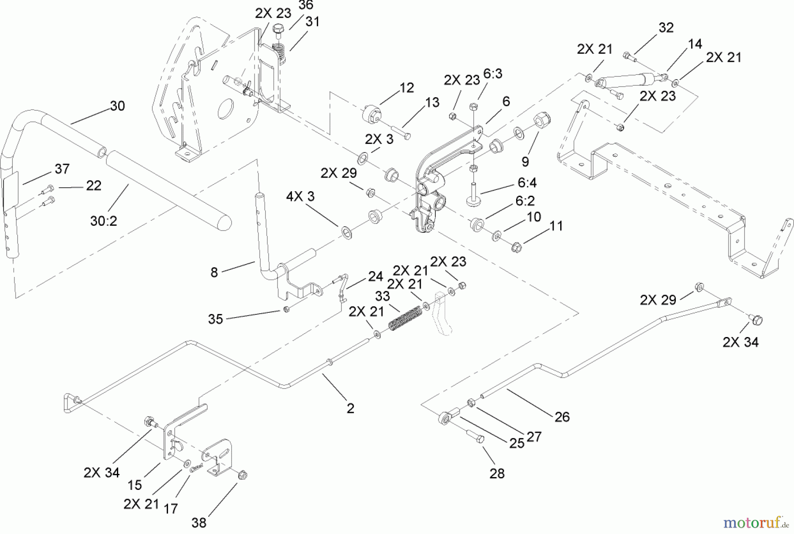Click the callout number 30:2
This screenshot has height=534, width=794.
pyautogui.click(x=104, y=221)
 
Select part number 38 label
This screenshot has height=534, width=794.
pyautogui.click(x=199, y=523)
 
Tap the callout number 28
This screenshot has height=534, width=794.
pyautogui.click(x=497, y=473)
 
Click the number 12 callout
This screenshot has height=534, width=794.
pyautogui.click(x=407, y=87)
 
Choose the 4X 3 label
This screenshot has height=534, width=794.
pyautogui.click(x=300, y=197)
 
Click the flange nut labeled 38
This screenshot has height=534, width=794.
pyautogui.click(x=242, y=475)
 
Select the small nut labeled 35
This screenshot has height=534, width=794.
pyautogui.click(x=286, y=309)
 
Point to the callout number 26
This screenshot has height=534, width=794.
pyautogui.click(x=562, y=417)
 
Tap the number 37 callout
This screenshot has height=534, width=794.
pyautogui.click(x=62, y=169)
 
